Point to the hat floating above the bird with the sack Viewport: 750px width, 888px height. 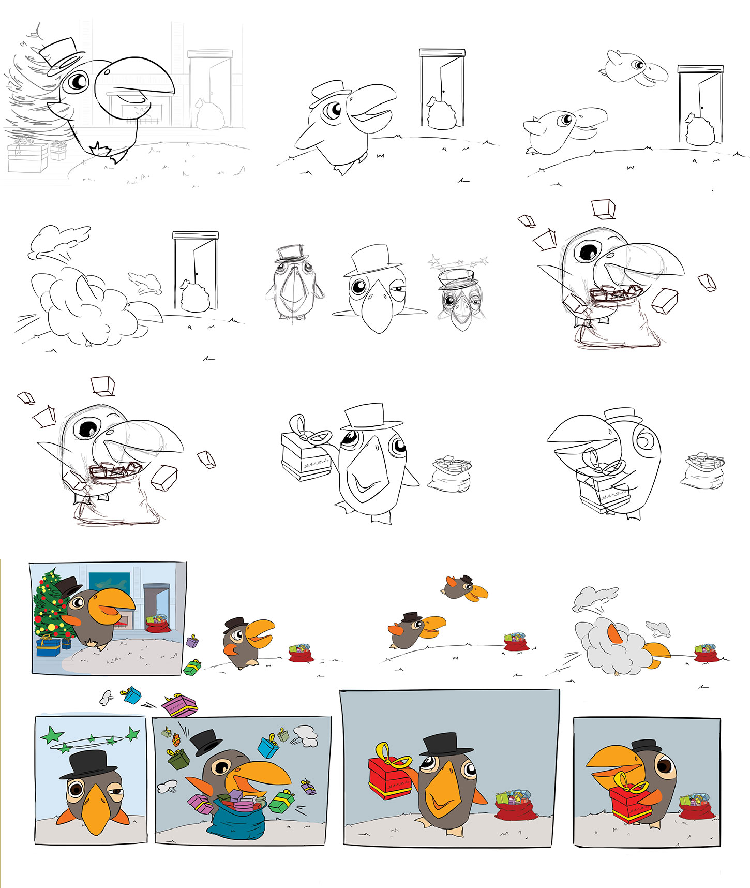[206, 742]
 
